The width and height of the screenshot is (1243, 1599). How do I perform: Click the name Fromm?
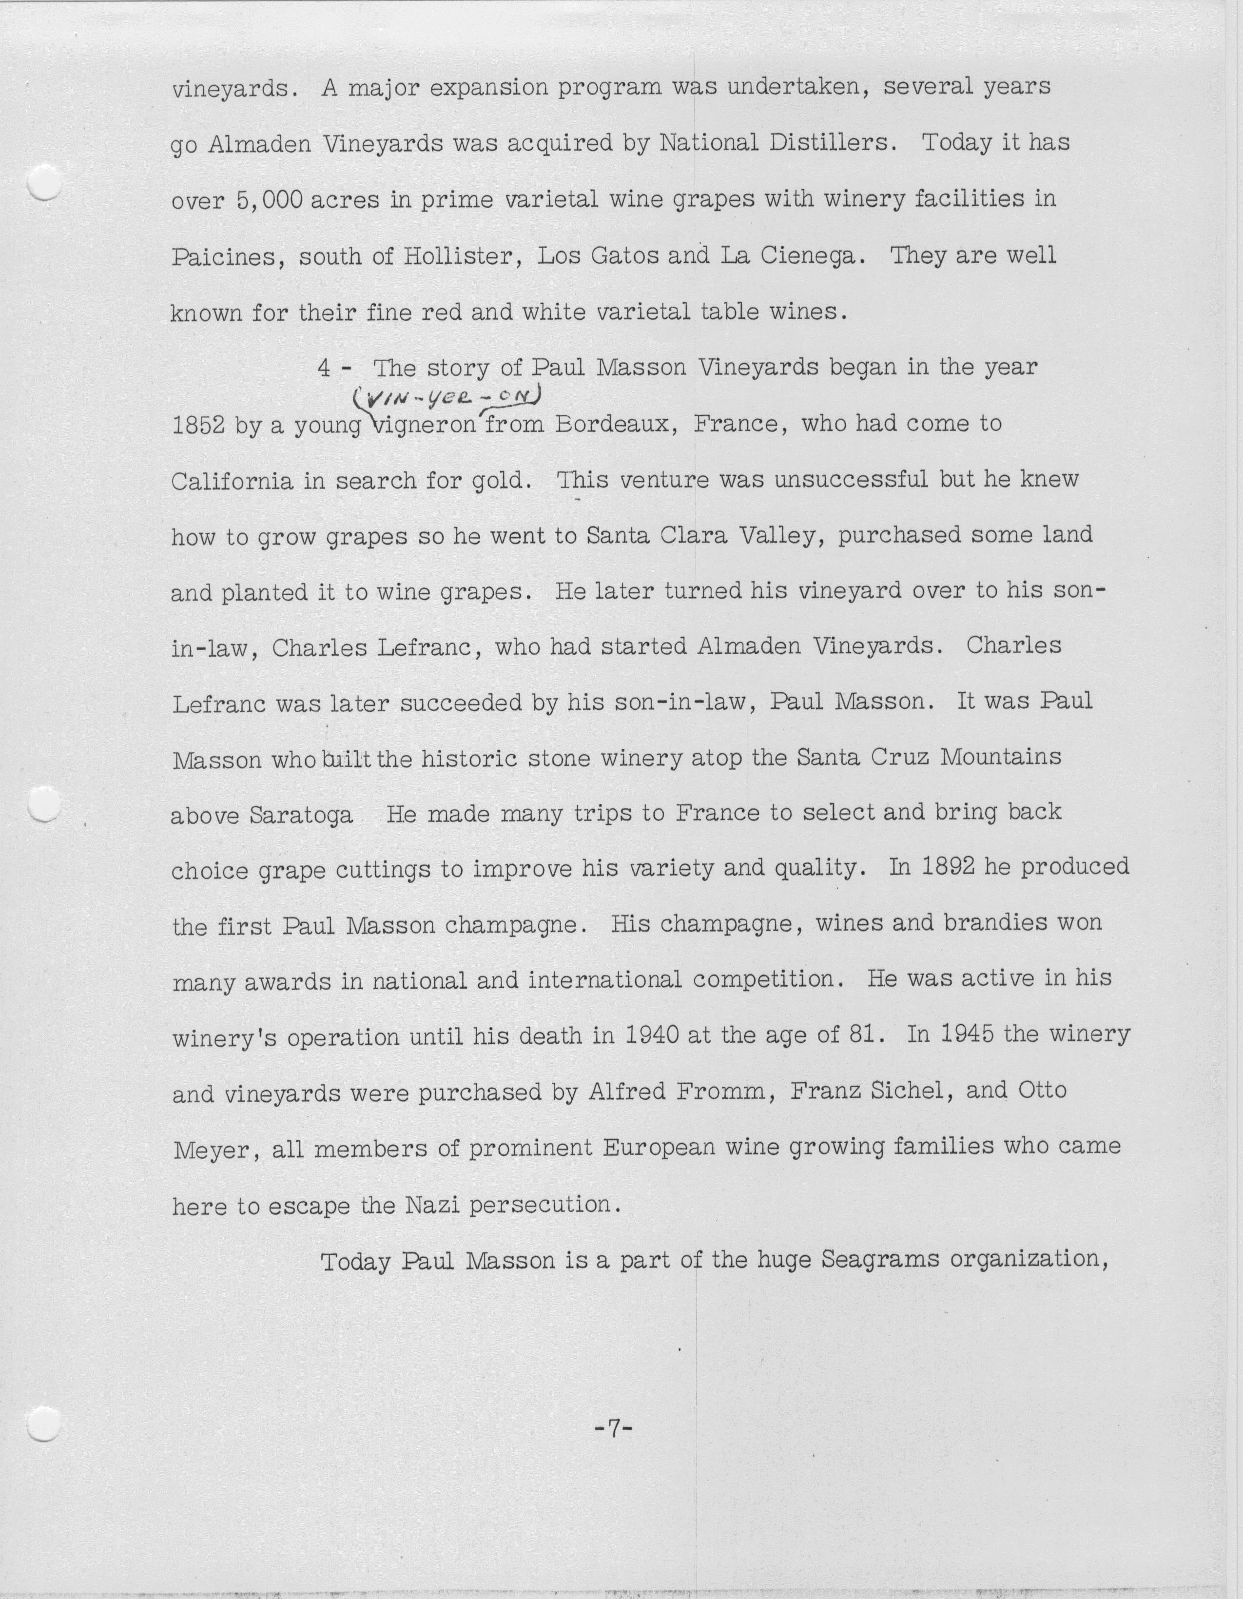(717, 1092)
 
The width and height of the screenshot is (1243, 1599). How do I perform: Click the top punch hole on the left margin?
(42, 182)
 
